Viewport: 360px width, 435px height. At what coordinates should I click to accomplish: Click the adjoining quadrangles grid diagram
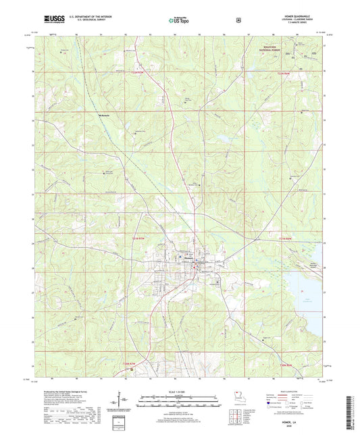pyautogui.click(x=234, y=412)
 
